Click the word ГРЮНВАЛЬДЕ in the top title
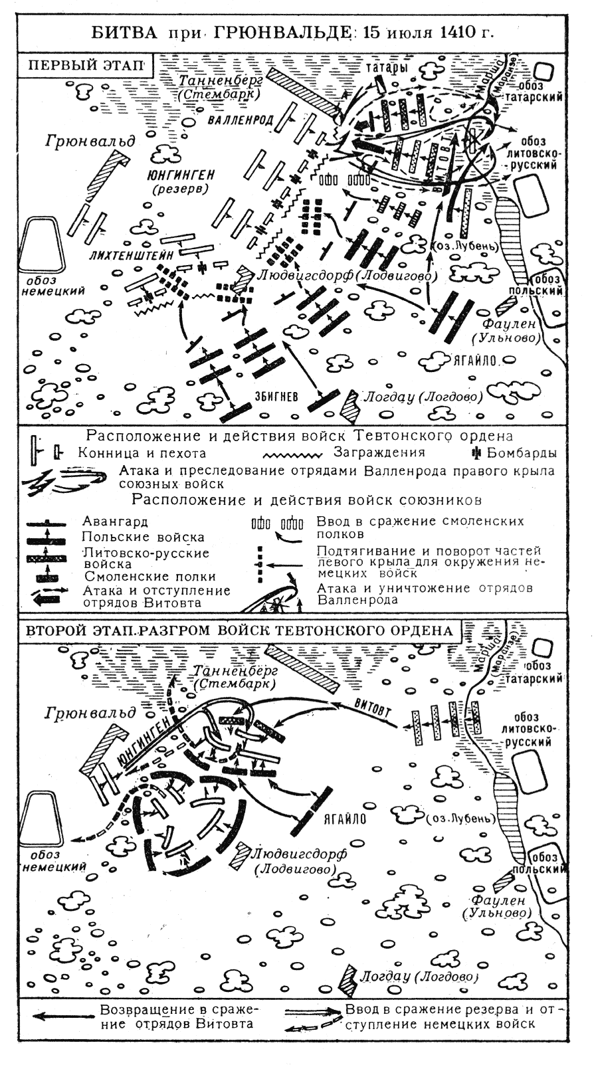(285, 32)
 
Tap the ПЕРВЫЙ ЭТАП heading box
(87, 66)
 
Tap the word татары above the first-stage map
(385, 68)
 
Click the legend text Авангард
(116, 522)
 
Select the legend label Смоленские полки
(150, 577)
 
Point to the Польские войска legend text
(144, 537)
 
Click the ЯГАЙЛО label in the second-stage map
(345, 819)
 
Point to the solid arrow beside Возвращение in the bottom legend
(63, 1016)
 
